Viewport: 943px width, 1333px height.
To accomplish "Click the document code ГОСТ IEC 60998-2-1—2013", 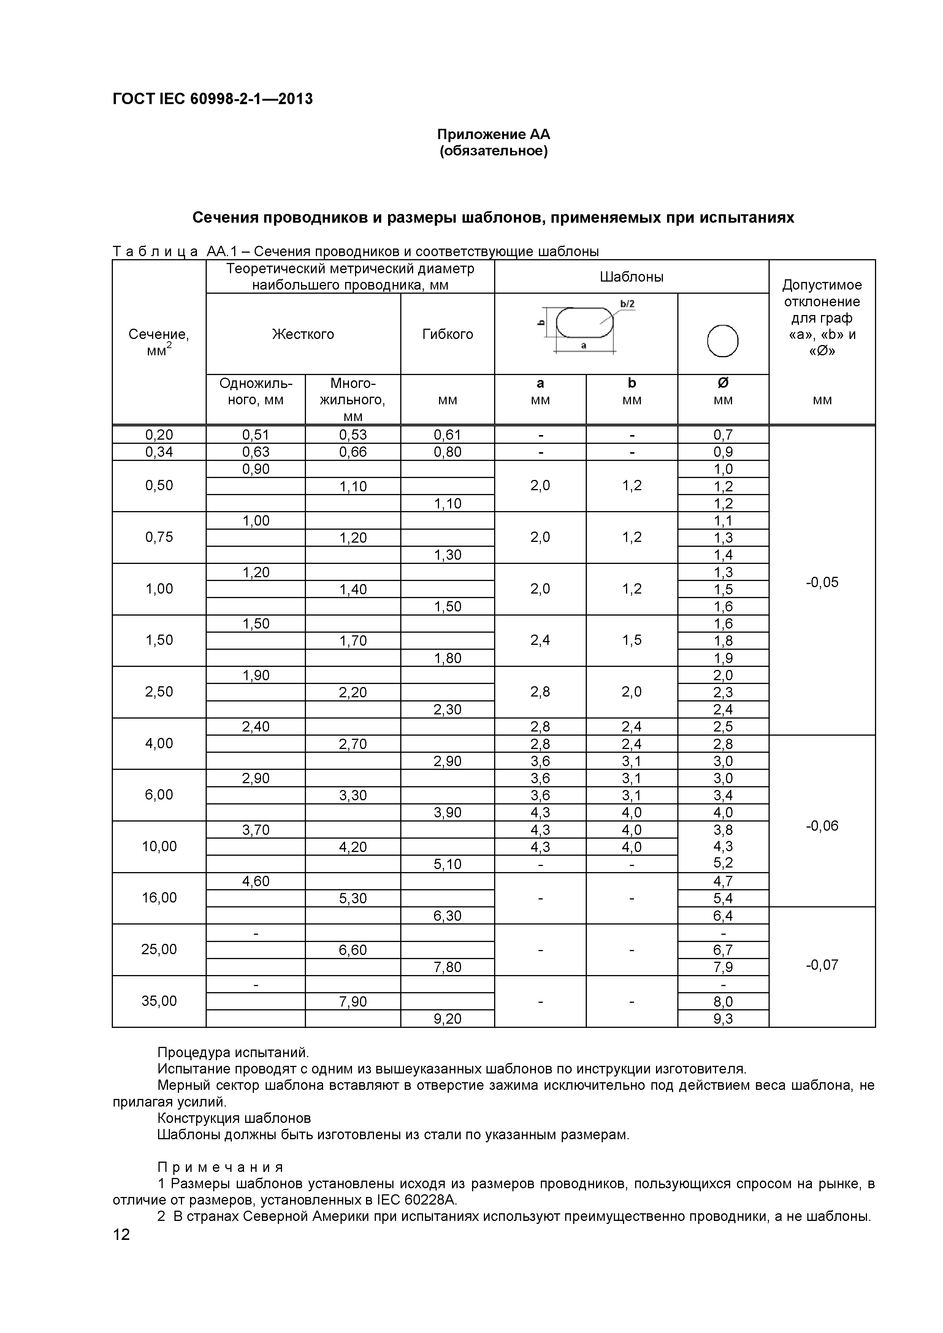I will click(x=212, y=99).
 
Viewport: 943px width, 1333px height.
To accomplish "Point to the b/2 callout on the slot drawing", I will click(x=627, y=304).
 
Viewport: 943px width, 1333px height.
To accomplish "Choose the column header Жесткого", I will click(x=303, y=334).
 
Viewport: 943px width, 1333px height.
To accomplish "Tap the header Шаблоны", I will click(x=631, y=277).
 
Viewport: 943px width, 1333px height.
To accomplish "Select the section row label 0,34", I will click(x=159, y=452).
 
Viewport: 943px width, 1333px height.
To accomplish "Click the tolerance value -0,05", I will click(x=822, y=582).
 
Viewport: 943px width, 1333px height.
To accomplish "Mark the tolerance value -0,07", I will click(x=822, y=965).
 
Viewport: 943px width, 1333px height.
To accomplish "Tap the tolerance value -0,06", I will click(x=822, y=826).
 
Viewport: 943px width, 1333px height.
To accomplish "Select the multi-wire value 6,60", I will click(x=353, y=950).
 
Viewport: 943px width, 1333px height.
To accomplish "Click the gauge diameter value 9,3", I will click(x=723, y=1018).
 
